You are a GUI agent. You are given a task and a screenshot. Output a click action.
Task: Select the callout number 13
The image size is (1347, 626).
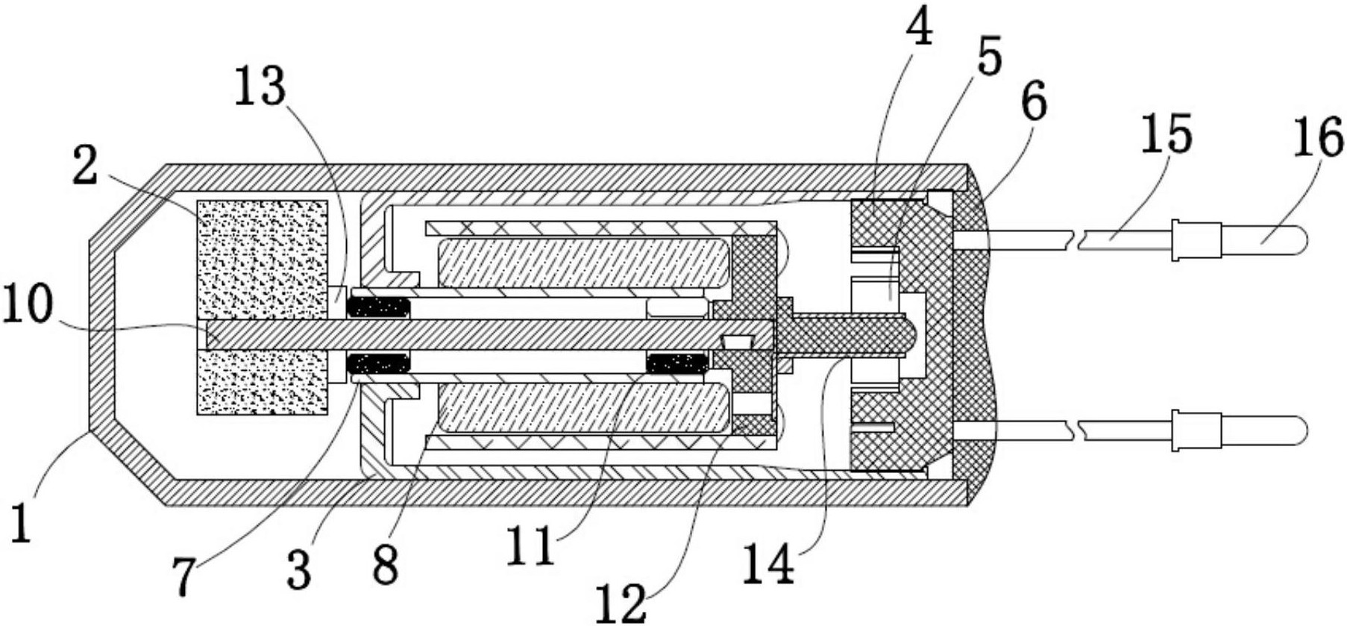point(260,87)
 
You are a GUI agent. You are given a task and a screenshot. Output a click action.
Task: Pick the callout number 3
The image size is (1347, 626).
point(299,569)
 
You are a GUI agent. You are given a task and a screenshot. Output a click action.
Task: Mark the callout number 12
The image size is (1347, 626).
point(622,602)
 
